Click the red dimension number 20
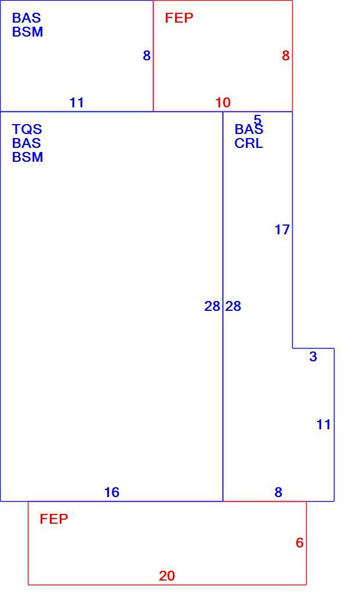coord(166,575)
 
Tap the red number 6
coord(299,542)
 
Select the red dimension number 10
coord(223,103)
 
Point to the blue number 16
coord(111,492)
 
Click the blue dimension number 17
coord(282,230)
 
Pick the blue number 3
coord(313,357)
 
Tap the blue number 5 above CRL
coord(257,119)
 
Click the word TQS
coord(27,129)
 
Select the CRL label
coord(249,143)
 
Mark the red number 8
coord(286,56)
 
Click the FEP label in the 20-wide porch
coord(54,519)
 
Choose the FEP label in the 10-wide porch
coord(179,18)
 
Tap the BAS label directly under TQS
coord(27,143)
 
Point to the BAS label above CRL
coord(249,129)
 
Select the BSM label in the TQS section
coord(28,157)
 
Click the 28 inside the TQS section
coord(212,306)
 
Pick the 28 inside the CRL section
coord(234,306)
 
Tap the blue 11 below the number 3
coord(323,425)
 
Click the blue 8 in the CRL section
coord(278,492)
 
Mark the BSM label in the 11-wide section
coord(28,32)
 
